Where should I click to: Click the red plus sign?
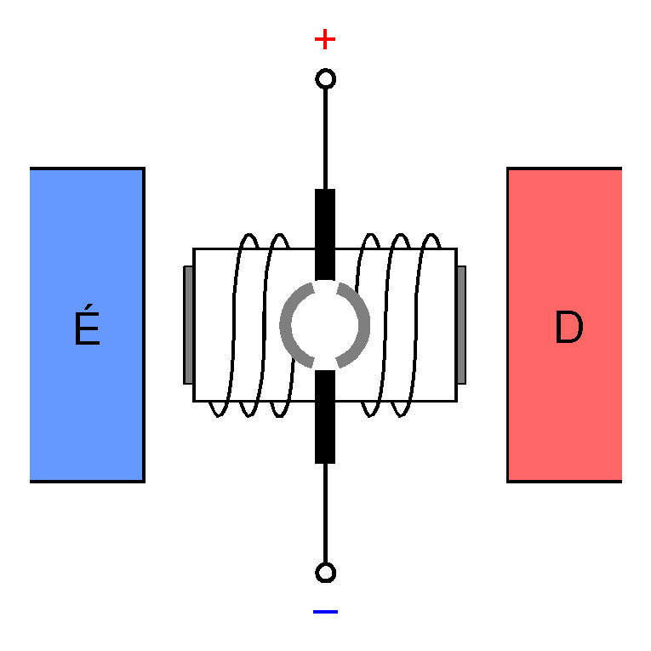[325, 39]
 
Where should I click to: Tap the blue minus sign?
[325, 611]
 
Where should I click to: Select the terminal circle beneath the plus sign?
[325, 80]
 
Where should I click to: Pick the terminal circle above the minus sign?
[325, 572]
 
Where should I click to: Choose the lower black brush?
[325, 417]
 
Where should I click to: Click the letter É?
[87, 330]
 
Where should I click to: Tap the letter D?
[568, 328]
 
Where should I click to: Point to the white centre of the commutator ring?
[325, 324]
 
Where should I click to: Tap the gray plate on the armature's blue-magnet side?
[188, 324]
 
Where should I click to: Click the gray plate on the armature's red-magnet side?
[461, 324]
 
